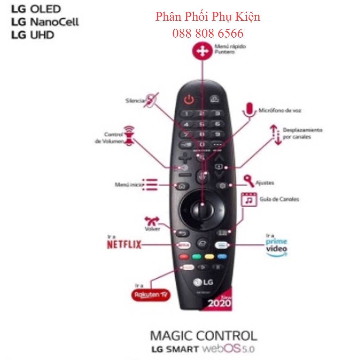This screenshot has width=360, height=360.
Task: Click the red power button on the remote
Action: [189, 100]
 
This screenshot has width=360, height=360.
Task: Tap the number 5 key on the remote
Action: [202, 124]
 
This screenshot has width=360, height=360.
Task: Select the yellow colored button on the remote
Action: [210, 256]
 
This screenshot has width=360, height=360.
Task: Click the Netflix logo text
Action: [124, 244]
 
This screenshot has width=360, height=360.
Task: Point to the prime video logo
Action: [276, 245]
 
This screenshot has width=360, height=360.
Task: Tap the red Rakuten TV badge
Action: [151, 295]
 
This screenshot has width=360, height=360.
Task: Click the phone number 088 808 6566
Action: [208, 33]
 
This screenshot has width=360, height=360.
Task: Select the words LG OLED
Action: [36, 9]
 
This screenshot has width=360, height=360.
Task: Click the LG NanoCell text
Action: [45, 22]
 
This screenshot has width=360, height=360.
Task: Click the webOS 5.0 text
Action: [228, 349]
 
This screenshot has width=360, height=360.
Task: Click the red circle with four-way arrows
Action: [202, 51]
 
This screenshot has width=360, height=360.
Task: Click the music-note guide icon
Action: [249, 199]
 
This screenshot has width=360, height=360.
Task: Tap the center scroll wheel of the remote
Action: [202, 210]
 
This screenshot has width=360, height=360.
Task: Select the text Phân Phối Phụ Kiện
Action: [208, 17]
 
